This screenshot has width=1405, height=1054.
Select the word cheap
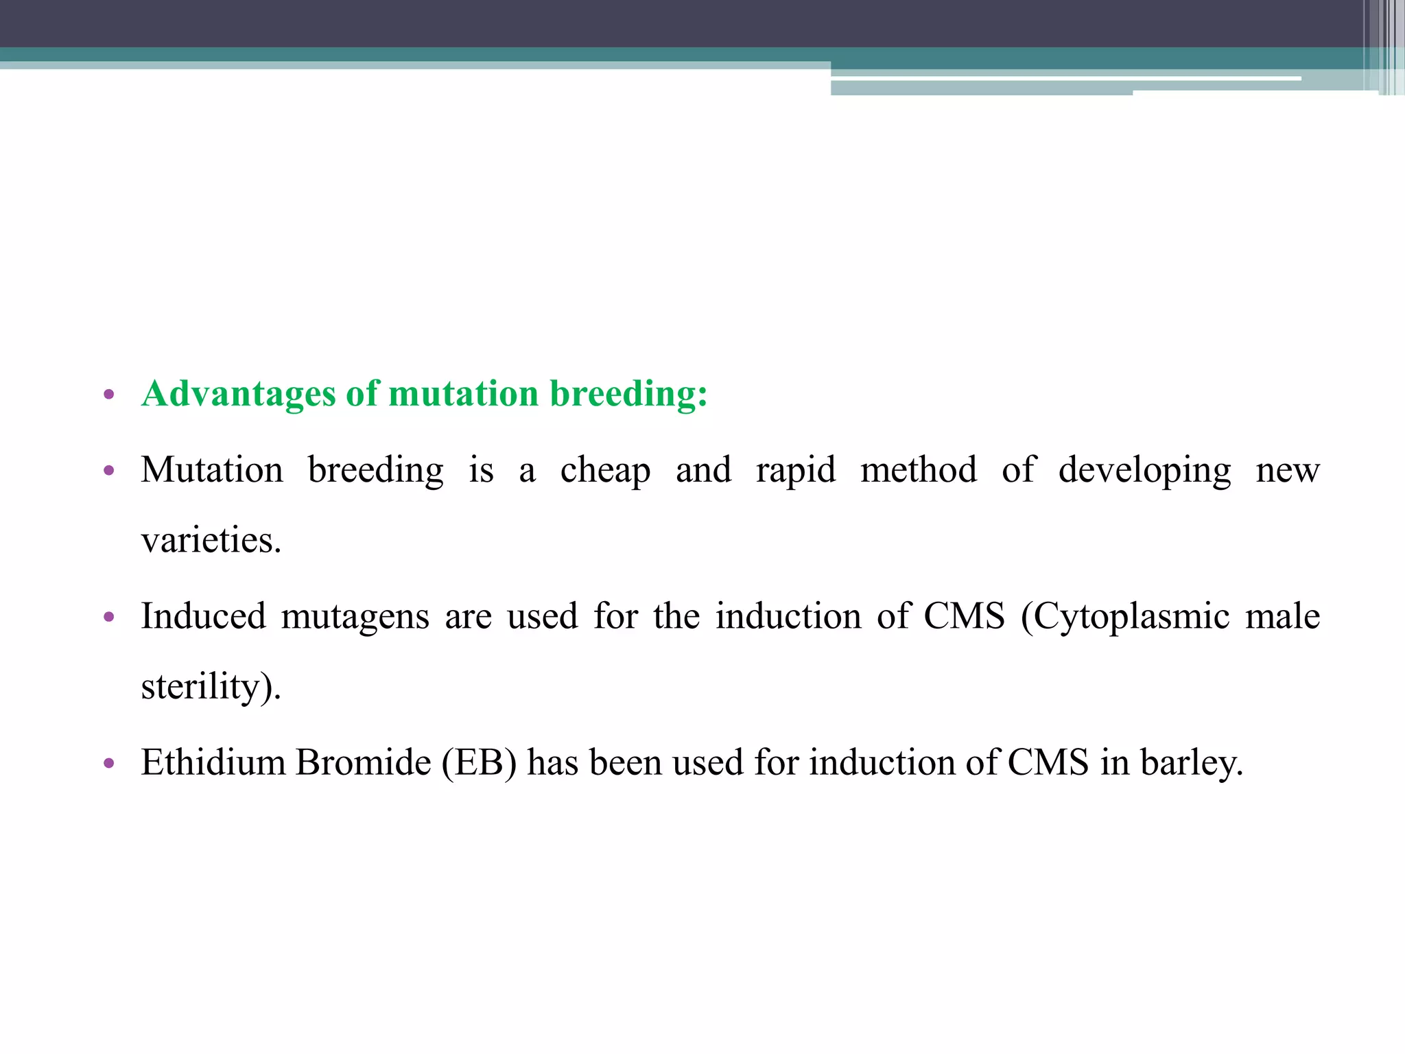[x=605, y=471]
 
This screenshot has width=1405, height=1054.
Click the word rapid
[x=796, y=471]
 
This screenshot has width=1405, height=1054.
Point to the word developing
[x=1144, y=471]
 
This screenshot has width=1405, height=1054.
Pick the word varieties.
[x=211, y=541]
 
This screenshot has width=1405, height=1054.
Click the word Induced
[x=203, y=616]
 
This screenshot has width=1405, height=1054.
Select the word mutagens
[x=355, y=617]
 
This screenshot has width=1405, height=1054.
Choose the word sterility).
[x=211, y=686]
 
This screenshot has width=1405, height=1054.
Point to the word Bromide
[x=363, y=762]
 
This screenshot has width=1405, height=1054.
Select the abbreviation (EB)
[x=479, y=762]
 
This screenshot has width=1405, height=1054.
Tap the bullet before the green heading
[x=108, y=395]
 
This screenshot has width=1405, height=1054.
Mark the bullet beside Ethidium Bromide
[x=108, y=763]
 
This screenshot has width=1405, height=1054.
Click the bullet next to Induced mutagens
[x=108, y=617]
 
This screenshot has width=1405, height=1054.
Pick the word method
[x=919, y=471]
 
